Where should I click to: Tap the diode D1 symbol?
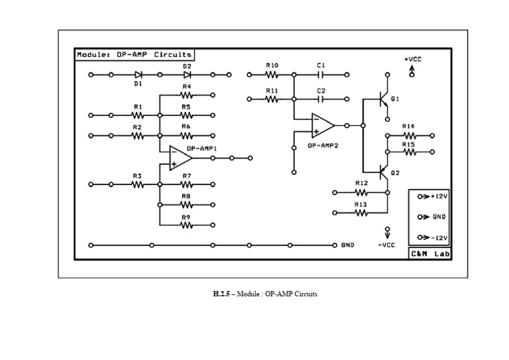139,75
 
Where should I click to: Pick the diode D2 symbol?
187,75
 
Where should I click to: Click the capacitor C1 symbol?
321,75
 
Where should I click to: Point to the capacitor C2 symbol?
321,99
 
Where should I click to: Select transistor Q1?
382,99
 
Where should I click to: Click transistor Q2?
382,172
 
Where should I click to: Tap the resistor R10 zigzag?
272,75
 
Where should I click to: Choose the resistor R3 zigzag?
137,184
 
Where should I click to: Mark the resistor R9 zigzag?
186,225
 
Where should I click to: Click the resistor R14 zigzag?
408,135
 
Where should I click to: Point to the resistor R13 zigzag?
361,213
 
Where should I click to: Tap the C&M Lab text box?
430,253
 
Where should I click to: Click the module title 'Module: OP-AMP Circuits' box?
134,55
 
